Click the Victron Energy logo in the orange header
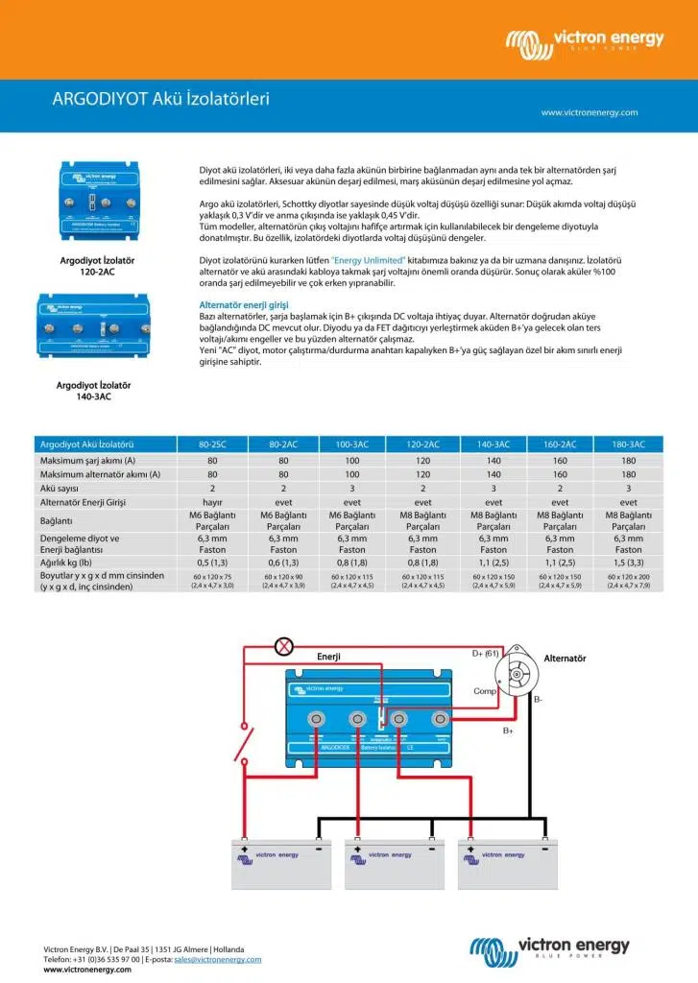585,39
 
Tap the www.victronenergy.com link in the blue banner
589,112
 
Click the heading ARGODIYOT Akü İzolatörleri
160,98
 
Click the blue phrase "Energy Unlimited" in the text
368,260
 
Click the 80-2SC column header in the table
212,444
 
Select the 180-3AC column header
628,444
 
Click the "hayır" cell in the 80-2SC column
212,502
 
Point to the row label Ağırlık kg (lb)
71,562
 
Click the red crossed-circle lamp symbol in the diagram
284,646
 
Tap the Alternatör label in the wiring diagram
565,659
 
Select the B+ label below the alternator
507,731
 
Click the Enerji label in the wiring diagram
329,657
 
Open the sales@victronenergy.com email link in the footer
218,959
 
